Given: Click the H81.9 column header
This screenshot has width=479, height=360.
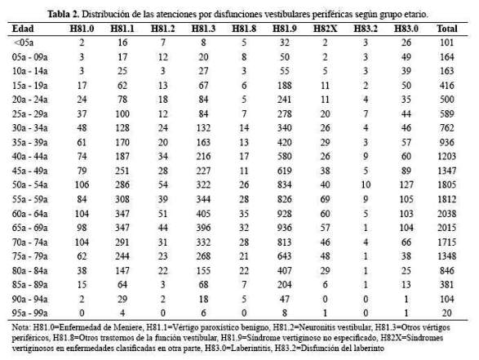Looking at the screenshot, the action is click(285, 29).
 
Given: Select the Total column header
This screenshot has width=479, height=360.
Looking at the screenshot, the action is click(446, 29).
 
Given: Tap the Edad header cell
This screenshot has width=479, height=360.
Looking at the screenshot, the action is click(23, 29).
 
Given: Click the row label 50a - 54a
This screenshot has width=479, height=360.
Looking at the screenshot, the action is click(29, 184).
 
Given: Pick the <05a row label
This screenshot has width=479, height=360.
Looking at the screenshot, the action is click(24, 42).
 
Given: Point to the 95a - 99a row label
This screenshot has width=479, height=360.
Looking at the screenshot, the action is click(29, 313).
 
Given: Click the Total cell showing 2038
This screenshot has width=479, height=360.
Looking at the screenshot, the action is click(446, 214).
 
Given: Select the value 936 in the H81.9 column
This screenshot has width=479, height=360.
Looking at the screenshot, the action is click(285, 228).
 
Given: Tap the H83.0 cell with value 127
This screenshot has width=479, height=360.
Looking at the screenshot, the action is click(406, 184).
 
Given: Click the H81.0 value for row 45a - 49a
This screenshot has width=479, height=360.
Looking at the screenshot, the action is click(82, 171).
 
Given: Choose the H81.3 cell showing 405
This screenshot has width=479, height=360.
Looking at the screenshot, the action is click(203, 214).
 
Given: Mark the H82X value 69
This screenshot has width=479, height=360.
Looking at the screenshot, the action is click(325, 199).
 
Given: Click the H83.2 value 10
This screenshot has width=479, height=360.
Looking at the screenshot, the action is click(366, 184).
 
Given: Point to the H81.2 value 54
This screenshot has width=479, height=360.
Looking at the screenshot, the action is click(163, 184).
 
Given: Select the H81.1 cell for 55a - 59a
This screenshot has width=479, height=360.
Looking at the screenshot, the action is click(122, 199).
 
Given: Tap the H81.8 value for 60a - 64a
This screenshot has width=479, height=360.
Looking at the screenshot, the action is click(244, 214).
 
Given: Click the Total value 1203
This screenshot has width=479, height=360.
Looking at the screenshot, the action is click(446, 157).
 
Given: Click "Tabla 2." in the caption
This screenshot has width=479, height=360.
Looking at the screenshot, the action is click(64, 14).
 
